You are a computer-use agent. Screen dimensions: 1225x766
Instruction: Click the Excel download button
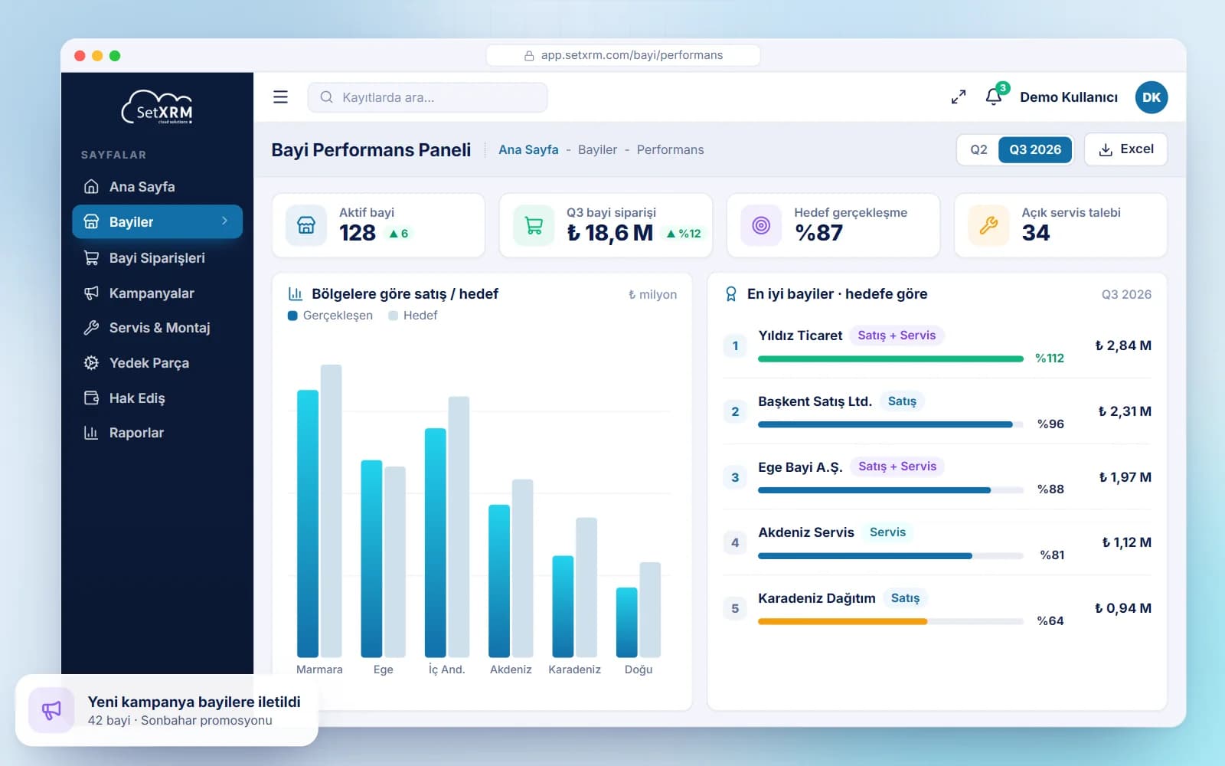[x=1125, y=149]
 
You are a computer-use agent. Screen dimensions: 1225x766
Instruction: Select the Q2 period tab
[x=978, y=149]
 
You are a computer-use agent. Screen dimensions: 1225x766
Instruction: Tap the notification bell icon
[x=993, y=97]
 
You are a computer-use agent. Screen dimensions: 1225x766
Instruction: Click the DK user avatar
[x=1151, y=97]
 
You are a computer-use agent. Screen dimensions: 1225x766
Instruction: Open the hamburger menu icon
[x=280, y=97]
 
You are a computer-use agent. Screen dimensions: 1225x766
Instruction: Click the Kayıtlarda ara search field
[x=427, y=97]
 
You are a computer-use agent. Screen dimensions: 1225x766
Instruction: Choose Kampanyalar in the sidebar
[x=152, y=293]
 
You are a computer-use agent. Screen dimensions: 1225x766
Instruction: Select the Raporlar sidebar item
[x=136, y=433]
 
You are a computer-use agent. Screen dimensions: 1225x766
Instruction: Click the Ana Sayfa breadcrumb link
[x=528, y=149]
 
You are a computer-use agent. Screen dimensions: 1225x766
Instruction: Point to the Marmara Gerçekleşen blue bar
[x=307, y=523]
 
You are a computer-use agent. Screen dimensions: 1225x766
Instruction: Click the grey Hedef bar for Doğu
[x=650, y=610]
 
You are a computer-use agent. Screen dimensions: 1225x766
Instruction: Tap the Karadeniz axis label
[x=574, y=669]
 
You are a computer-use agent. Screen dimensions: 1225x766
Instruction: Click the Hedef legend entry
[x=413, y=315]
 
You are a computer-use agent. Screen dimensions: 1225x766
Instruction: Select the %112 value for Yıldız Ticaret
[x=1050, y=358]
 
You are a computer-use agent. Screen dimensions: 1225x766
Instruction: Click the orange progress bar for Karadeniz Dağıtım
[x=843, y=621]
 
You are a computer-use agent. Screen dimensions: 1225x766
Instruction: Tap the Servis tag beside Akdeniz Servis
[x=887, y=532]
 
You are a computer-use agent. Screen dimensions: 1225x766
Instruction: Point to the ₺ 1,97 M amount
[x=1125, y=477]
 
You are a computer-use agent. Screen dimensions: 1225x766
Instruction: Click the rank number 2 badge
[x=735, y=411]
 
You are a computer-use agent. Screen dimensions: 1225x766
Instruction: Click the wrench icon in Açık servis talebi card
[x=988, y=225]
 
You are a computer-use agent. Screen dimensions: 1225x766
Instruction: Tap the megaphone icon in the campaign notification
[x=51, y=710]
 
